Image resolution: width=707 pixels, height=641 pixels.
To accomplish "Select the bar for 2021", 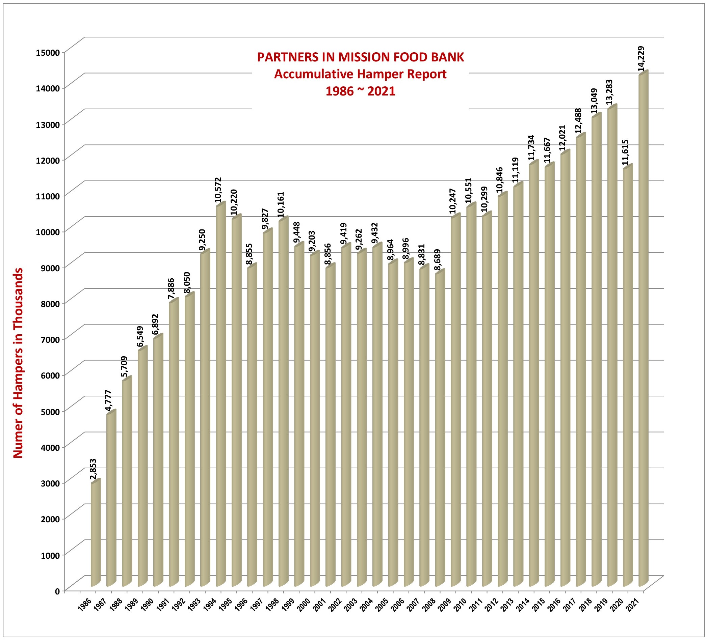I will click(643, 329).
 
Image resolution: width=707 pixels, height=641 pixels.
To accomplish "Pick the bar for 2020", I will click(628, 377).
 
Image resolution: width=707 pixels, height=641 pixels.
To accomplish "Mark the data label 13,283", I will click(610, 92).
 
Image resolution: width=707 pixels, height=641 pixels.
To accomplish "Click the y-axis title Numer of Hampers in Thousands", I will click(18, 363).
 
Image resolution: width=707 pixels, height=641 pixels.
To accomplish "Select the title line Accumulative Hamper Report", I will click(360, 74).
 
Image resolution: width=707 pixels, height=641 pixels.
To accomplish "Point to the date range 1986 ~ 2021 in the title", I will click(360, 91).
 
